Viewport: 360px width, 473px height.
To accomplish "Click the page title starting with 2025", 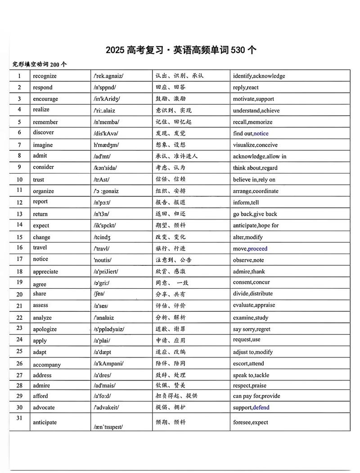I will tap(181, 50).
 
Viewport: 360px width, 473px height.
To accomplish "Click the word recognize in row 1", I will tap(45, 76).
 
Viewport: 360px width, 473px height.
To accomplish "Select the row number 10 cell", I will tap(19, 179).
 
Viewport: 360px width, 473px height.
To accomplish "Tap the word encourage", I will tap(45, 99).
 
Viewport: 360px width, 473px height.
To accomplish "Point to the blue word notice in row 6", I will tap(261, 134).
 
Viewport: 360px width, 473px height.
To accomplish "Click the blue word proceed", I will tap(257, 249).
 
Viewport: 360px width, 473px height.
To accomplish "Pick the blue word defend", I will tap(261, 407).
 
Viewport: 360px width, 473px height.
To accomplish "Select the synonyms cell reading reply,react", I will tap(246, 88).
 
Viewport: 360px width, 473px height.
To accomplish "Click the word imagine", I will tap(43, 145).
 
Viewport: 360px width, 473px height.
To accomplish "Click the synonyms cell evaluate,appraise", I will tap(254, 305).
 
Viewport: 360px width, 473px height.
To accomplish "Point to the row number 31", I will tap(19, 418).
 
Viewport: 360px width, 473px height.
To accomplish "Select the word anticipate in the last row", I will tap(45, 422).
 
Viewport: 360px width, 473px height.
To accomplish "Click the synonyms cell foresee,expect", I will tap(250, 422).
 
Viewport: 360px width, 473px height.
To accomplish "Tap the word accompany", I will tap(47, 365).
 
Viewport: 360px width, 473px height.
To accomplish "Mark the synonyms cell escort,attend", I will tap(248, 363).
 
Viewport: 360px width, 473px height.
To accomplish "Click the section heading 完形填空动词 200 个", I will tap(40, 64).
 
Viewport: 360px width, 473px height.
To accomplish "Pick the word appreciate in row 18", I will tap(45, 272).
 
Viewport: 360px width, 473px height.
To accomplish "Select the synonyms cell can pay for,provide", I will tap(256, 396).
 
